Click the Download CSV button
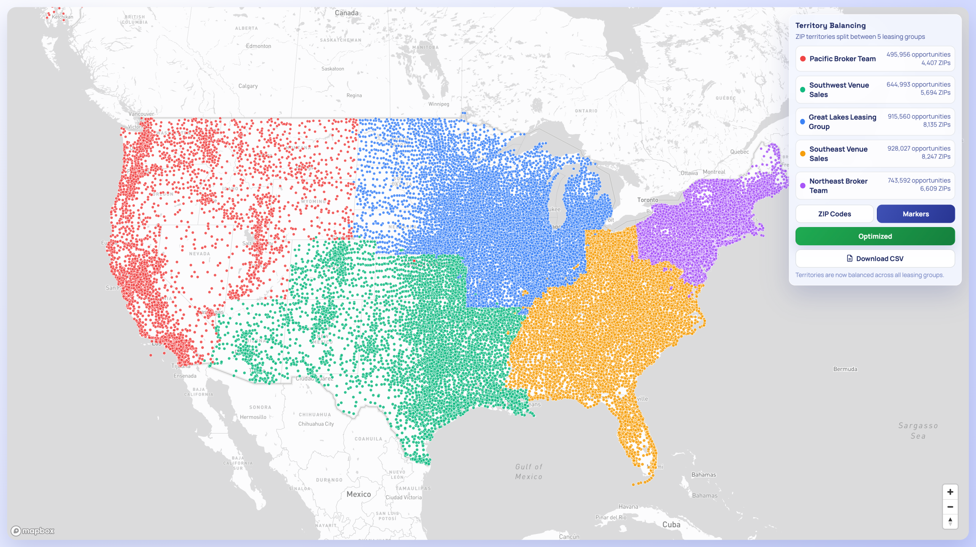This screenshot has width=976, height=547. (x=875, y=259)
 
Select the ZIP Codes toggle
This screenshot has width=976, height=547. (x=834, y=214)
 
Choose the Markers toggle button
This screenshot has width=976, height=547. (x=915, y=214)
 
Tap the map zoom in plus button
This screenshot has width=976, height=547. (x=950, y=492)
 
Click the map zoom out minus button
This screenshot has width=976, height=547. (x=950, y=507)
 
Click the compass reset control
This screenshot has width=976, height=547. (x=950, y=521)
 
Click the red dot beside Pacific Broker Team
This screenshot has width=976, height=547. (x=803, y=59)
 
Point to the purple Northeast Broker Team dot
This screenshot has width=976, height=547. (x=803, y=186)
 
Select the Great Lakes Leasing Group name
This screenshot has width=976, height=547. (x=842, y=122)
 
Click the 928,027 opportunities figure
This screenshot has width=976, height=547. (x=918, y=149)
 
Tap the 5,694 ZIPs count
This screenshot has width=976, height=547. (x=935, y=93)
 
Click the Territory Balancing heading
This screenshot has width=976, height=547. (x=830, y=26)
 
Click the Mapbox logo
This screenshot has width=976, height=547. (x=33, y=531)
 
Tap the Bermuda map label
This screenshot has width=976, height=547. (x=845, y=369)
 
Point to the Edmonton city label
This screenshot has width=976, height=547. (x=258, y=46)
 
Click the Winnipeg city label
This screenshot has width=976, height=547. (x=438, y=104)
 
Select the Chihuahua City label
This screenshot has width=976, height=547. (x=316, y=424)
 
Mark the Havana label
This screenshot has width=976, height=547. (x=628, y=507)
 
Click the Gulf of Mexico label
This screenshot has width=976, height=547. (x=528, y=472)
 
